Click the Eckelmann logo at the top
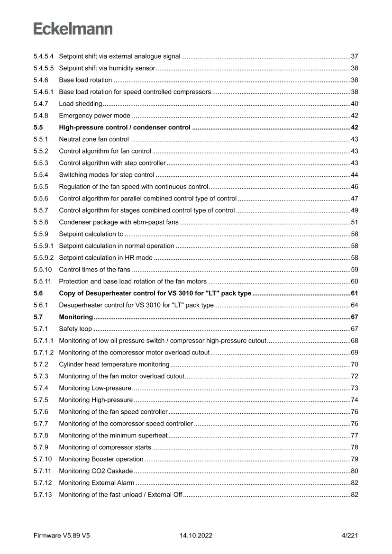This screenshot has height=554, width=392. coord(73,28)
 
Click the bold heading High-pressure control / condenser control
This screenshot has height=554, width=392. coord(125,127)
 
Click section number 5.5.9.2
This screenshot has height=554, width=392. coord(43,258)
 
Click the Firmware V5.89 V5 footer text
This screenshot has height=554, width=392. coord(62,536)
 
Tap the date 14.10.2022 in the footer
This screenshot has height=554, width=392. coord(196,536)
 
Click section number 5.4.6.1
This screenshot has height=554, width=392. coord(43,92)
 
